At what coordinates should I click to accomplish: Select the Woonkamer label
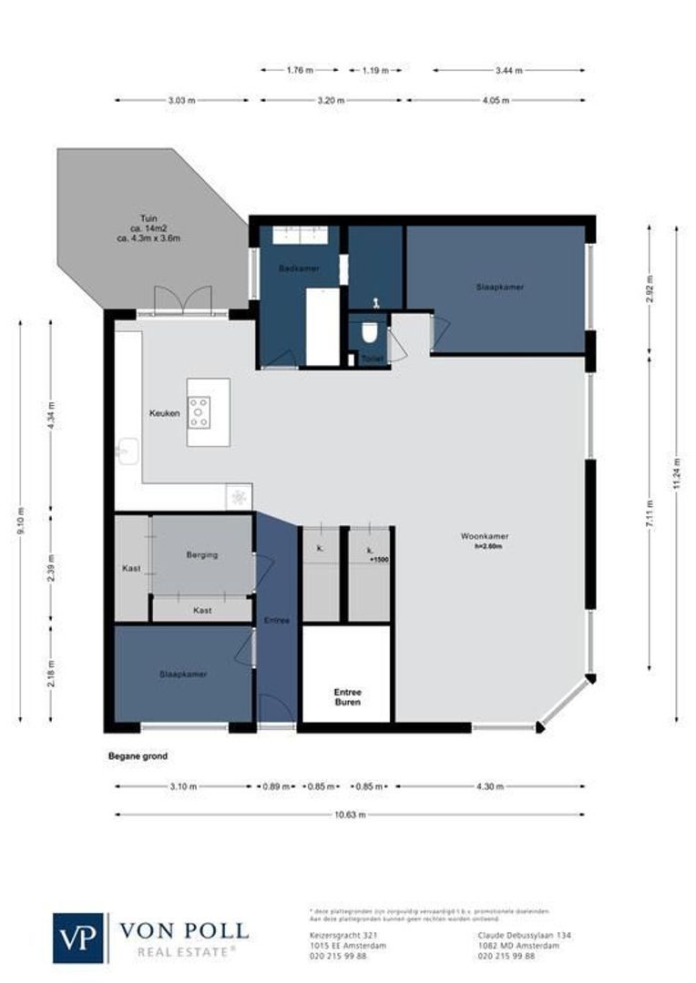click(x=482, y=536)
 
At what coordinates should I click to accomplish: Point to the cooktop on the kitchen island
click(x=200, y=412)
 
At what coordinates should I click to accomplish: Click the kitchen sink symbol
click(x=128, y=451)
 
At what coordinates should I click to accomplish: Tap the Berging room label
click(x=201, y=554)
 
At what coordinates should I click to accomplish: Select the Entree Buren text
click(x=346, y=697)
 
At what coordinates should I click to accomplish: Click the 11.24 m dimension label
click(x=676, y=473)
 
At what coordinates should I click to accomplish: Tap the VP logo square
click(x=79, y=937)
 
